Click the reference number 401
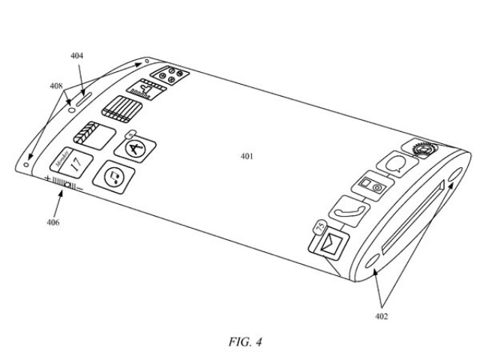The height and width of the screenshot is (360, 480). tap(247, 156)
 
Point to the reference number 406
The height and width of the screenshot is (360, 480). tap(52, 222)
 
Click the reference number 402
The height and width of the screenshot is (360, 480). tap(381, 316)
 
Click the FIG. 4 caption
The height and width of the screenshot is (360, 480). tap(241, 343)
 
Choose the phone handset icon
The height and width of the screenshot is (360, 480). tap(351, 211)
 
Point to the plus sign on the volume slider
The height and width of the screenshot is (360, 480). tap(47, 179)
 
